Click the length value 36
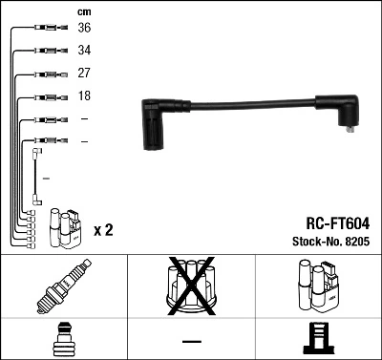(x=85, y=28)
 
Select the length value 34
(x=85, y=50)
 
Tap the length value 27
(x=85, y=73)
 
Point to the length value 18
(x=85, y=96)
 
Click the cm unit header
(x=84, y=11)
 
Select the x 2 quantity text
(x=103, y=230)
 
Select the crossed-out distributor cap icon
(x=191, y=286)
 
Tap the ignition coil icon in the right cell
(x=318, y=286)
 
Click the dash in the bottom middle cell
(x=191, y=341)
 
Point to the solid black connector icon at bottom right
(x=318, y=340)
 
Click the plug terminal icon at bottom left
(x=63, y=340)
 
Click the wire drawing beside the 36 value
(x=47, y=29)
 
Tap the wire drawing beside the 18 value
(x=47, y=96)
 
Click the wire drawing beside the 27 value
(x=47, y=74)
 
